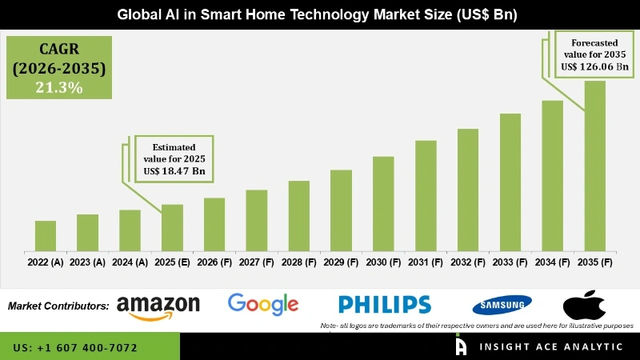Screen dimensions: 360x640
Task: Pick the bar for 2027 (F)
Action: click(x=256, y=221)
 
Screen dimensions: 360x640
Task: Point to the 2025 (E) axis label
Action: click(x=172, y=262)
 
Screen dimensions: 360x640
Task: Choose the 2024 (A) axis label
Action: click(x=130, y=262)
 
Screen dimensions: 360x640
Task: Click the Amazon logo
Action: click(x=158, y=306)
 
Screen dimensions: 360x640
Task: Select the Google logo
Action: click(x=262, y=304)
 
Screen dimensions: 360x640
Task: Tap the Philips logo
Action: click(x=384, y=305)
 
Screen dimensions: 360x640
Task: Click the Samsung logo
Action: click(x=502, y=305)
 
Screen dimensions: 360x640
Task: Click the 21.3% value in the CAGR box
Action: click(x=59, y=88)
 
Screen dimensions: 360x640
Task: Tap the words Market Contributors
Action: click(x=58, y=306)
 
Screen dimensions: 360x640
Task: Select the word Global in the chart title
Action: click(x=137, y=14)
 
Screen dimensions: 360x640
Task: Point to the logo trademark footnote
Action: click(x=477, y=326)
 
